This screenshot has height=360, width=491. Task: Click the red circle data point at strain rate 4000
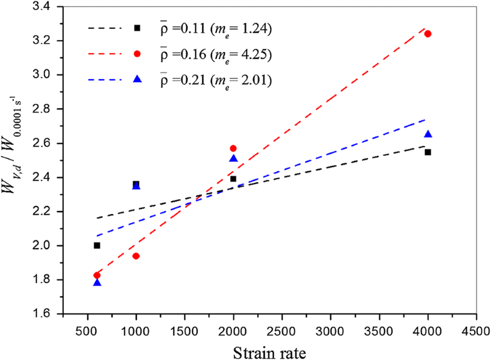428,34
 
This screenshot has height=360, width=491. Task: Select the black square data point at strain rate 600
97,245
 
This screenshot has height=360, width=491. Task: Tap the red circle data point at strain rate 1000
136,256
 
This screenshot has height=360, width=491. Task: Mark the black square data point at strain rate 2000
233,179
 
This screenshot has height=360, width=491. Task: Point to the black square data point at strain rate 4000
428,152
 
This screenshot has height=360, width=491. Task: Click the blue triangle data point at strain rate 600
97,283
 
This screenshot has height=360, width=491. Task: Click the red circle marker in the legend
136,54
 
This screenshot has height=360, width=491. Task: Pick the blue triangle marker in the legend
136,79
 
